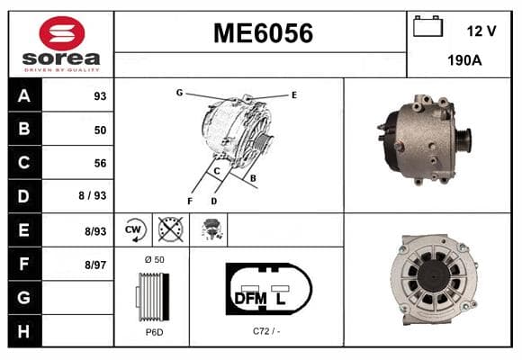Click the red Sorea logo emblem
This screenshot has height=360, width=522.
click(62, 33)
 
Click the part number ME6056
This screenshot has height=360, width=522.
click(263, 33)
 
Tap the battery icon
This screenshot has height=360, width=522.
click(427, 26)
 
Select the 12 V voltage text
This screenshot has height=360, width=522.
click(481, 31)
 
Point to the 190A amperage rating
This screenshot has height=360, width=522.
click(464, 60)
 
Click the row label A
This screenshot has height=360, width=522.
click(24, 96)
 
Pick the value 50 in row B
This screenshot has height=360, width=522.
click(100, 130)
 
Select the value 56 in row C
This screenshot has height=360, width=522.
click(100, 163)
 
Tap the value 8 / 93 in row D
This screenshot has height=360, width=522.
click(92, 195)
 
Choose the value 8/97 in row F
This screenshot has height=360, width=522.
click(95, 265)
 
